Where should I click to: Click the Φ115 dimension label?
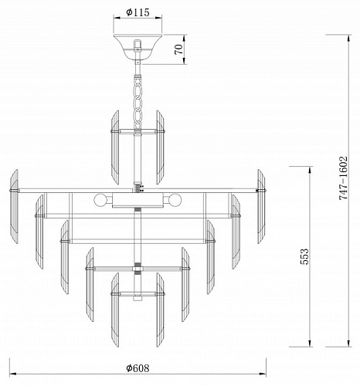pyautogui.click(x=138, y=12)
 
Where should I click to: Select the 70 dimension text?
pyautogui.click(x=178, y=49)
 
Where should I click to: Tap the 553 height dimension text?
pyautogui.click(x=304, y=256)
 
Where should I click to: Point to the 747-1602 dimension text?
pyautogui.click(x=343, y=178)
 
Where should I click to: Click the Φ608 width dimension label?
pyautogui.click(x=138, y=368)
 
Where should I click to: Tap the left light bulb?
pyautogui.click(x=100, y=200)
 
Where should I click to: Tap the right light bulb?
pyautogui.click(x=175, y=200)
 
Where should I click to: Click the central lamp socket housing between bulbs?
pyautogui.click(x=138, y=200)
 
